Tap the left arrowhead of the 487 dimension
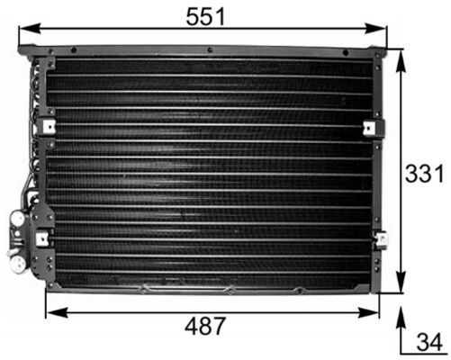coord(50,311)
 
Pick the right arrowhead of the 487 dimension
coord(376,311)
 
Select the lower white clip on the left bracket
coord(42,238)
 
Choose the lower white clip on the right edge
coord(382,239)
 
